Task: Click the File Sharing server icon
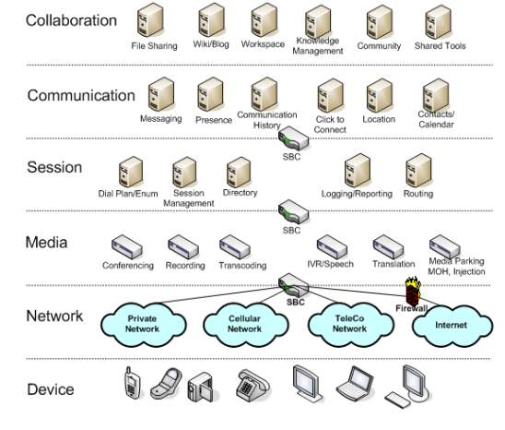[x=150, y=20]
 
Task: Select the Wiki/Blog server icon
[x=211, y=20]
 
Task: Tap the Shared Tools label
[x=440, y=46]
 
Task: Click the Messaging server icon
[x=161, y=94]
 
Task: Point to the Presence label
[x=214, y=120]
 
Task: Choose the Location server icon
[x=380, y=95]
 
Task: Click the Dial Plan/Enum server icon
[x=131, y=172]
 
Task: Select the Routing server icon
[x=418, y=170]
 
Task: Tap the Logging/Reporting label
[x=357, y=194]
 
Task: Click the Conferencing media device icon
[x=127, y=247]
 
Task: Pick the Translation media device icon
[x=388, y=247]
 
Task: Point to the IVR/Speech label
[x=331, y=264]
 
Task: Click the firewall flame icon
[x=413, y=291]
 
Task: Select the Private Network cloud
[x=144, y=324]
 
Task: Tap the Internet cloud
[x=452, y=325]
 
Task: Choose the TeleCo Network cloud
[x=350, y=324]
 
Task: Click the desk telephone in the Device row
[x=252, y=385]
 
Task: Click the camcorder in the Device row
[x=200, y=387]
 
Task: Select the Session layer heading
[x=54, y=167]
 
